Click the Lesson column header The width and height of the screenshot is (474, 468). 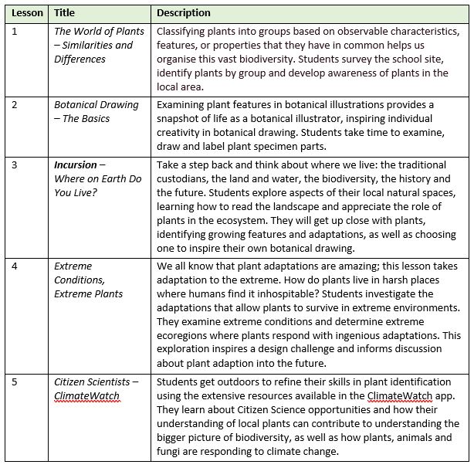tap(27, 13)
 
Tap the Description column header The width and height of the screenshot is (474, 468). tap(184, 13)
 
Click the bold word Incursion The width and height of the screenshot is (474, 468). tap(76, 165)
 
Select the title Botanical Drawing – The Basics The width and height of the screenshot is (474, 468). tap(96, 112)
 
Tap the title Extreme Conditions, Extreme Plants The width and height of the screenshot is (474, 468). tap(88, 280)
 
